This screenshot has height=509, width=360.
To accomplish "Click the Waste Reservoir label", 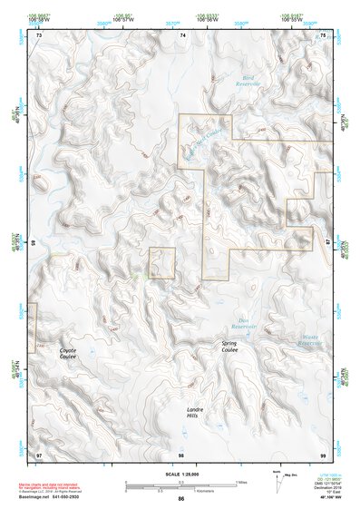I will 309,340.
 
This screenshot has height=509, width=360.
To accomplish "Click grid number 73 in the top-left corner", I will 39,34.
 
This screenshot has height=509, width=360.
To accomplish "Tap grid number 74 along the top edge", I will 183,34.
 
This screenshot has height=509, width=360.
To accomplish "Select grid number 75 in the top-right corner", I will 324,34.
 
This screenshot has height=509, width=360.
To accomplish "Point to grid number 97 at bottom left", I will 39,453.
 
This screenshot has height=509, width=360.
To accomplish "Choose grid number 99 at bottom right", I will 323,453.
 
